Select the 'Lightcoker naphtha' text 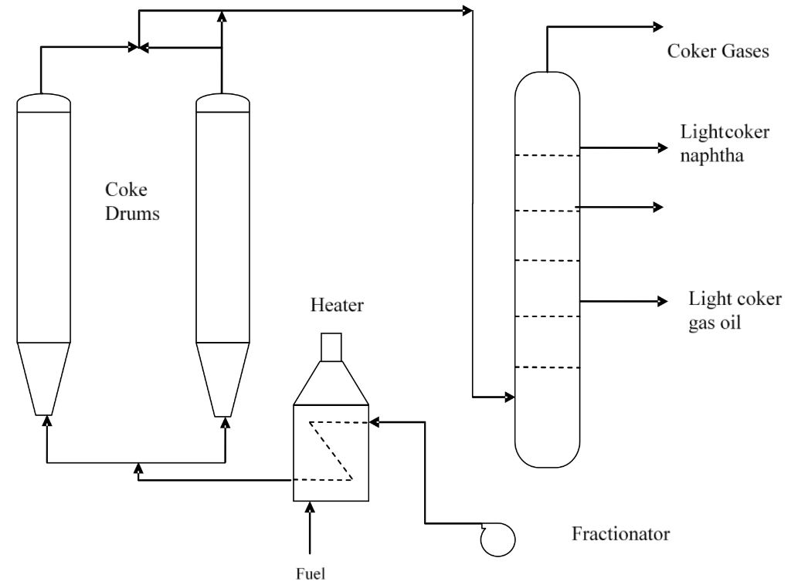pyautogui.click(x=724, y=143)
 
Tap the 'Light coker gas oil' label pyautogui.click(x=735, y=310)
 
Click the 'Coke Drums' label pyautogui.click(x=133, y=201)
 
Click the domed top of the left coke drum pyautogui.click(x=44, y=103)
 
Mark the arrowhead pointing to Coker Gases pyautogui.click(x=657, y=27)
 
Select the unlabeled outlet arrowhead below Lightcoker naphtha pyautogui.click(x=659, y=207)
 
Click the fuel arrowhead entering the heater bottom pyautogui.click(x=311, y=507)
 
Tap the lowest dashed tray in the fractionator pyautogui.click(x=547, y=367)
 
